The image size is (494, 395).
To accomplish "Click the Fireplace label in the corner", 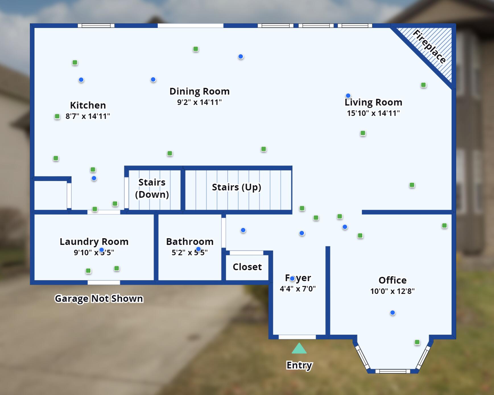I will coord(429,47).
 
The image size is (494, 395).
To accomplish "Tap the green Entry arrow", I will coord(299,348).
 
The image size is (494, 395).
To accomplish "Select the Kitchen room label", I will coord(88,105).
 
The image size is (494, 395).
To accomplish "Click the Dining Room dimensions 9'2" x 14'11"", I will coord(199,102).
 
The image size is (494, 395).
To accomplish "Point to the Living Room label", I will coord(373,102).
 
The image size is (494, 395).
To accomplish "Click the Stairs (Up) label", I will coord(236,187).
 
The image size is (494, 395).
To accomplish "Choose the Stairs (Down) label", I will coord(152,188).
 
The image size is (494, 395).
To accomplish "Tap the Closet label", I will coord(247,267).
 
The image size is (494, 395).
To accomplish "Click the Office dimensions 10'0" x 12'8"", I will coord(392,291).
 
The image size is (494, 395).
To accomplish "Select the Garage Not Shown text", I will coord(99,299).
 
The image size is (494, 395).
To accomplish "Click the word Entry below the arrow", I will coord(299,365).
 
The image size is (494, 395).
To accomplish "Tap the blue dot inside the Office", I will coord(392,313).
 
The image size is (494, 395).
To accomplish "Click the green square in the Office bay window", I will coord(417,342).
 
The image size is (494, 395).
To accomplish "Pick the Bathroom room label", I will coord(190,242).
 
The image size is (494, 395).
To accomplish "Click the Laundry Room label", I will coord(94,242).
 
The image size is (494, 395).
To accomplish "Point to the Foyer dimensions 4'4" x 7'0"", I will coord(298,289).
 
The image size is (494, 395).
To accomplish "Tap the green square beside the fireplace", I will coord(423,85).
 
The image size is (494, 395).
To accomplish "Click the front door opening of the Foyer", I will coord(297,337).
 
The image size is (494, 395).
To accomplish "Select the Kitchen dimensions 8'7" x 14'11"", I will coord(88,116).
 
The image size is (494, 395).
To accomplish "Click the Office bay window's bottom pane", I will coord(392,371).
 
